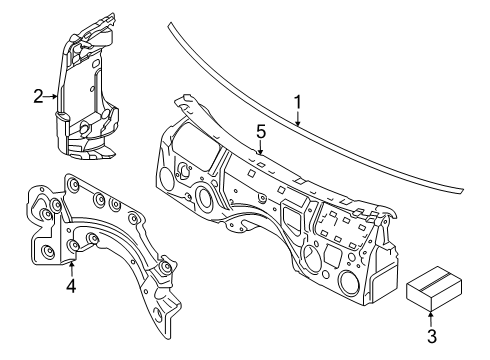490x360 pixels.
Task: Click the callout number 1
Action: [x=297, y=102]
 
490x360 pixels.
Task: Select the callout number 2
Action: [x=38, y=96]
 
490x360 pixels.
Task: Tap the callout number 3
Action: [x=432, y=336]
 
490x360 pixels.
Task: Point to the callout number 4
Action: [x=71, y=286]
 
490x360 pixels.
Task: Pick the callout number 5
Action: [x=261, y=132]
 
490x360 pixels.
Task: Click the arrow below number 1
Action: [x=298, y=118]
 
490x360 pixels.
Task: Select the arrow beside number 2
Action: [x=51, y=96]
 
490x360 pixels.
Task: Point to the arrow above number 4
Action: [x=71, y=270]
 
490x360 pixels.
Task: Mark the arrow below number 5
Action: [x=261, y=147]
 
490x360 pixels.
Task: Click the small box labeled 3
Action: [x=434, y=289]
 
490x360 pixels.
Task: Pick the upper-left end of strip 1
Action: [x=170, y=25]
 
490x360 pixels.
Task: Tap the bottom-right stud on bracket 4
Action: [x=165, y=268]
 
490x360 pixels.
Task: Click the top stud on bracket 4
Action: [x=72, y=184]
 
